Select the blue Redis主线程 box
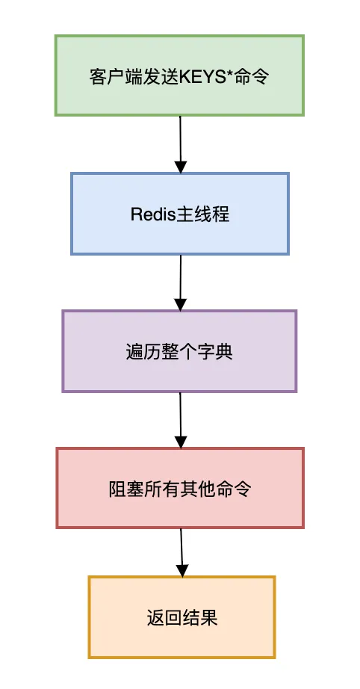point(179,214)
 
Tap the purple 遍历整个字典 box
point(179,351)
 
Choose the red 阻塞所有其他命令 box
point(179,488)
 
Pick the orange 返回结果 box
point(181,617)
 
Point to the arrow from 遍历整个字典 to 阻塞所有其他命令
point(180,419)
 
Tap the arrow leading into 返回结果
point(181,551)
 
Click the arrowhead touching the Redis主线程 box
point(180,166)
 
